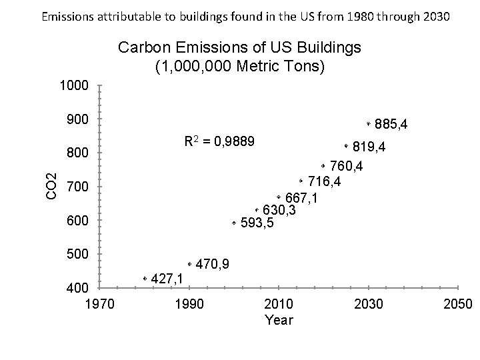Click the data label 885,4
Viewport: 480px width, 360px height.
[392, 125]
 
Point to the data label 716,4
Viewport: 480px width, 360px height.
[325, 182]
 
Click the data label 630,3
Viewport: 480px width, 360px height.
[279, 211]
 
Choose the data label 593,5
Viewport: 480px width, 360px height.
[257, 223]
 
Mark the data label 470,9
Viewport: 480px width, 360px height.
[213, 265]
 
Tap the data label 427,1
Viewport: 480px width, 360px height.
[168, 279]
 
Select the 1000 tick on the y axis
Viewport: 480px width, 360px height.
[73, 86]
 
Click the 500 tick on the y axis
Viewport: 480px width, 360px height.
[79, 254]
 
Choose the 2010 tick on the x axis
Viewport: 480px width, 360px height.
[279, 305]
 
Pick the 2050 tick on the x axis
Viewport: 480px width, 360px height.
[457, 305]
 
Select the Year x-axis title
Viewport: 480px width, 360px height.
[279, 320]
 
